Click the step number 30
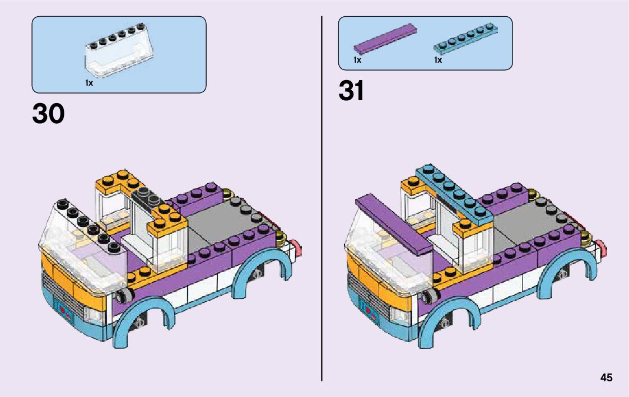coord(49,114)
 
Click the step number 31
coord(351,91)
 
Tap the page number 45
coord(606,377)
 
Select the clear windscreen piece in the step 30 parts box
coord(120,56)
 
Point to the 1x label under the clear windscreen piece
coord(89,82)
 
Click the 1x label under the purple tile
coord(357,59)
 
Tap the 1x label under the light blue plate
coord(438,59)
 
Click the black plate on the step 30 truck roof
coord(149,198)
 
